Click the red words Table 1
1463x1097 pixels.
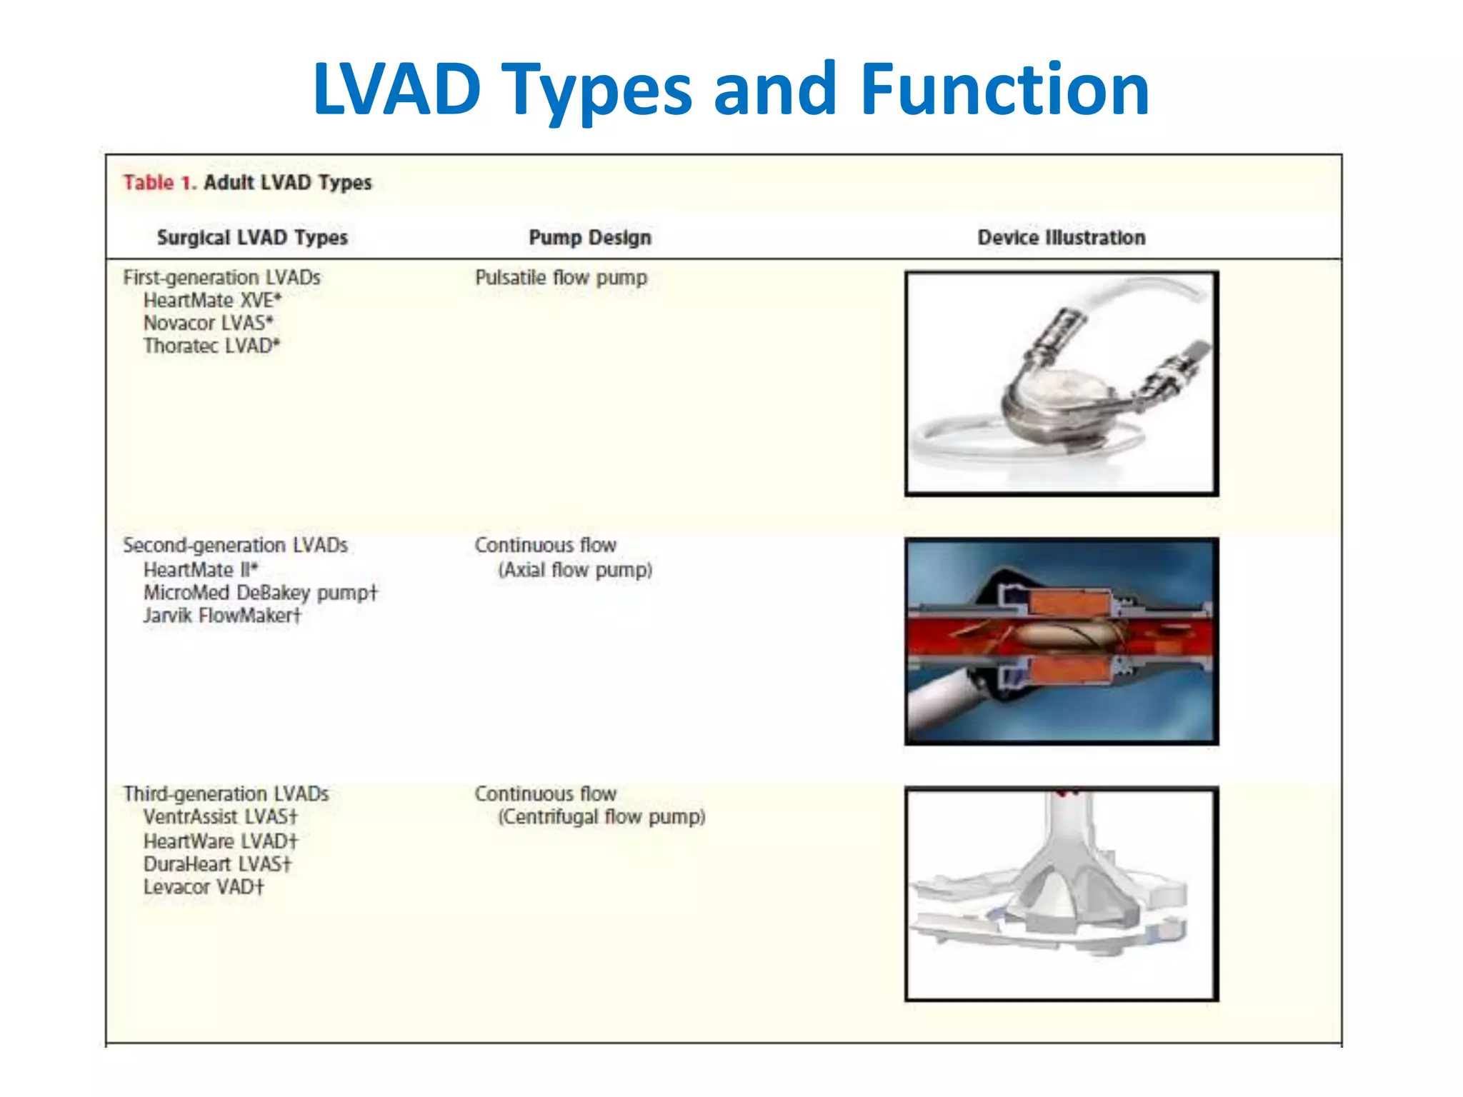tap(159, 183)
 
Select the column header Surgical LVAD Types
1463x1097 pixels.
tap(252, 237)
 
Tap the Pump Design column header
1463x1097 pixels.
tap(589, 237)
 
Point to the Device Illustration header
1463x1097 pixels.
tap(1061, 237)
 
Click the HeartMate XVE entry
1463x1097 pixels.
tap(212, 300)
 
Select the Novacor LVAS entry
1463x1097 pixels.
tap(208, 323)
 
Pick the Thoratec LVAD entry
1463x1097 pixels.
tap(211, 346)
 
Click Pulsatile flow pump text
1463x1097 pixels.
tap(561, 277)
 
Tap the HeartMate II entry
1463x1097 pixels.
tap(200, 570)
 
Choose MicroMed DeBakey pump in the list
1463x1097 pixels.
tap(260, 593)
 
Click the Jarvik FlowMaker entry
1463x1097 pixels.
tap(222, 616)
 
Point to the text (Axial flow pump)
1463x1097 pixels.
tap(575, 570)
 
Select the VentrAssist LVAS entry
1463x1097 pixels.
tap(220, 816)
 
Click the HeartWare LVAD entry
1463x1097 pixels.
tap(220, 841)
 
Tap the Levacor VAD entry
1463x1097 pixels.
tap(204, 887)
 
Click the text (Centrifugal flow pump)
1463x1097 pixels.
tap(601, 816)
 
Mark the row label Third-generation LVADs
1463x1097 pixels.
tap(226, 793)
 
